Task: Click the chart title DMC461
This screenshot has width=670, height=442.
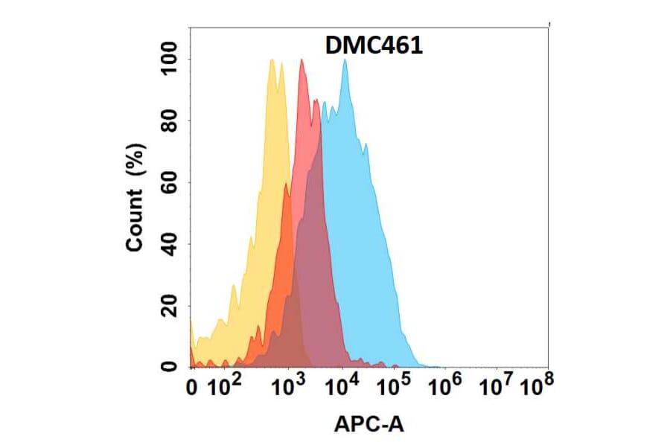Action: (x=374, y=46)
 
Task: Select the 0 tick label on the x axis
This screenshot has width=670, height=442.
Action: (x=193, y=388)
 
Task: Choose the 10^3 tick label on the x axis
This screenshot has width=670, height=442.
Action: (x=289, y=385)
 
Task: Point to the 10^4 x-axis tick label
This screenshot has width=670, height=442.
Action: (x=343, y=385)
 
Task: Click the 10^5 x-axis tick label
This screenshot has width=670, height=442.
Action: (x=395, y=385)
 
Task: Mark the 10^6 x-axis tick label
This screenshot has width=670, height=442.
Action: (x=447, y=385)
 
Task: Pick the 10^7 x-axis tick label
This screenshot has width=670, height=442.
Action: (x=497, y=385)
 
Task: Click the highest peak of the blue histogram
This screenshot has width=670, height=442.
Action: (x=345, y=61)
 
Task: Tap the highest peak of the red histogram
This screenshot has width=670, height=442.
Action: (x=301, y=61)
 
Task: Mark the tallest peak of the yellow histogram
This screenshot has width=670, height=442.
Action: (x=272, y=61)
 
